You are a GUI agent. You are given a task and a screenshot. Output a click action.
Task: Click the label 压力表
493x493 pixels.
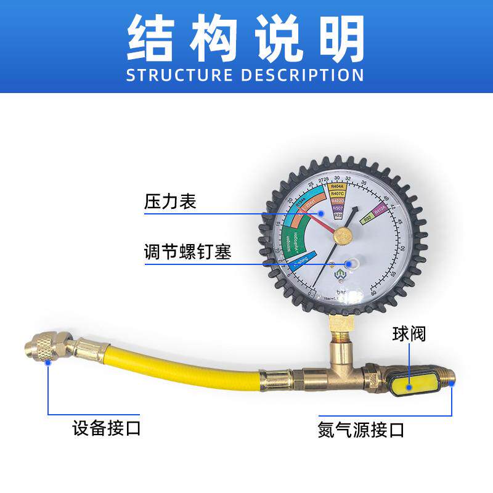click(x=170, y=202)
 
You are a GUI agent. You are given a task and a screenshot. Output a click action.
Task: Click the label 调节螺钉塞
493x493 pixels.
click(x=188, y=253)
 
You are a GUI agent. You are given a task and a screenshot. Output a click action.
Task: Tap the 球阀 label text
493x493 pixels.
click(x=409, y=335)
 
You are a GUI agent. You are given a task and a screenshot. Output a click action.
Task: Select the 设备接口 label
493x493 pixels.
click(x=107, y=428)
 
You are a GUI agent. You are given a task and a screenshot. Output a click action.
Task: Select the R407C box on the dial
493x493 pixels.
click(x=337, y=194)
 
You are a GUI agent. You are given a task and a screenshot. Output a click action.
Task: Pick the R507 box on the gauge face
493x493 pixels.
click(x=337, y=208)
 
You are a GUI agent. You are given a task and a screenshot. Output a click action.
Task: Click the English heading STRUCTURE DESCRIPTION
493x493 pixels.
click(x=245, y=75)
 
